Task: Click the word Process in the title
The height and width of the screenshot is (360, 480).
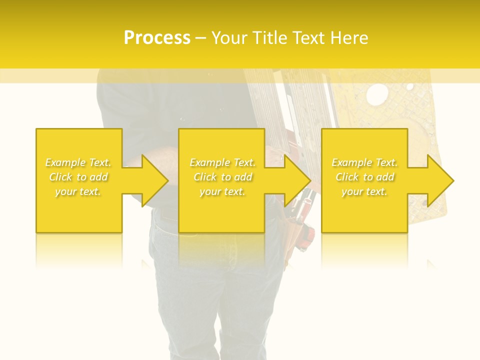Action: pos(157,38)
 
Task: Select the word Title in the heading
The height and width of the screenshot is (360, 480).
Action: pos(273,38)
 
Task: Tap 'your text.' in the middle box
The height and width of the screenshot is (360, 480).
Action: pos(222,191)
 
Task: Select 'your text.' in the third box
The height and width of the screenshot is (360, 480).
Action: pos(364,191)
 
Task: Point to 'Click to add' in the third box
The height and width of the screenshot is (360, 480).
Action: pos(364,177)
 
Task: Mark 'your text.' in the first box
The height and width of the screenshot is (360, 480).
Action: pos(78,191)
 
